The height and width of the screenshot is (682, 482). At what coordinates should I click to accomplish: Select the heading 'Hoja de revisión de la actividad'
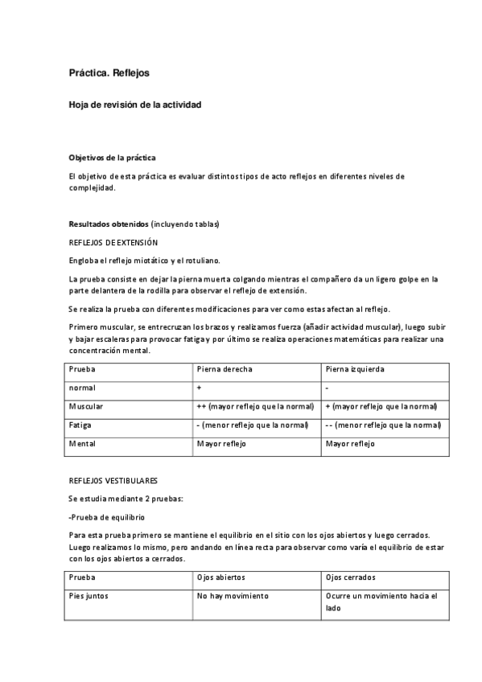coord(134,105)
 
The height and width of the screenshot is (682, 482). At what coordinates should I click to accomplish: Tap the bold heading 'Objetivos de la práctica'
coord(113,158)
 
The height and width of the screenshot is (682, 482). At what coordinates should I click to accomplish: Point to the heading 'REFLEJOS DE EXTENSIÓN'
coord(113,242)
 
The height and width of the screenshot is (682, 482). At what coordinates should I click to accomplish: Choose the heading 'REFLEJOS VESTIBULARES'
coord(113,480)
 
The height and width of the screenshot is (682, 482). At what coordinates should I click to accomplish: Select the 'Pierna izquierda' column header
coord(355,369)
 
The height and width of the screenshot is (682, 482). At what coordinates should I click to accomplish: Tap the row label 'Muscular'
coord(86,406)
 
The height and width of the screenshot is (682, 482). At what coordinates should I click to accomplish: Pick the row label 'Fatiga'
coord(80,425)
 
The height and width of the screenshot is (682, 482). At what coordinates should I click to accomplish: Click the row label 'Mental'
coord(82,443)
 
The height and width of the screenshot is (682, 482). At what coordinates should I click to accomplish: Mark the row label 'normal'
coord(82,388)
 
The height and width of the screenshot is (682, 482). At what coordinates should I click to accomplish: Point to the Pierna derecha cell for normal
coord(199,388)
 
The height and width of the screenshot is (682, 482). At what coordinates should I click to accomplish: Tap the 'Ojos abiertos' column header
coord(221,577)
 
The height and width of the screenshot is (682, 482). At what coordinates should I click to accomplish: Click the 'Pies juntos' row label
coord(89,596)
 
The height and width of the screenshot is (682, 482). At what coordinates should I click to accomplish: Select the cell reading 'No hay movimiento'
coord(233,596)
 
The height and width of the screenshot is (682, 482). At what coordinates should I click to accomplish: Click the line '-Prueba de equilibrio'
coord(108,517)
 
